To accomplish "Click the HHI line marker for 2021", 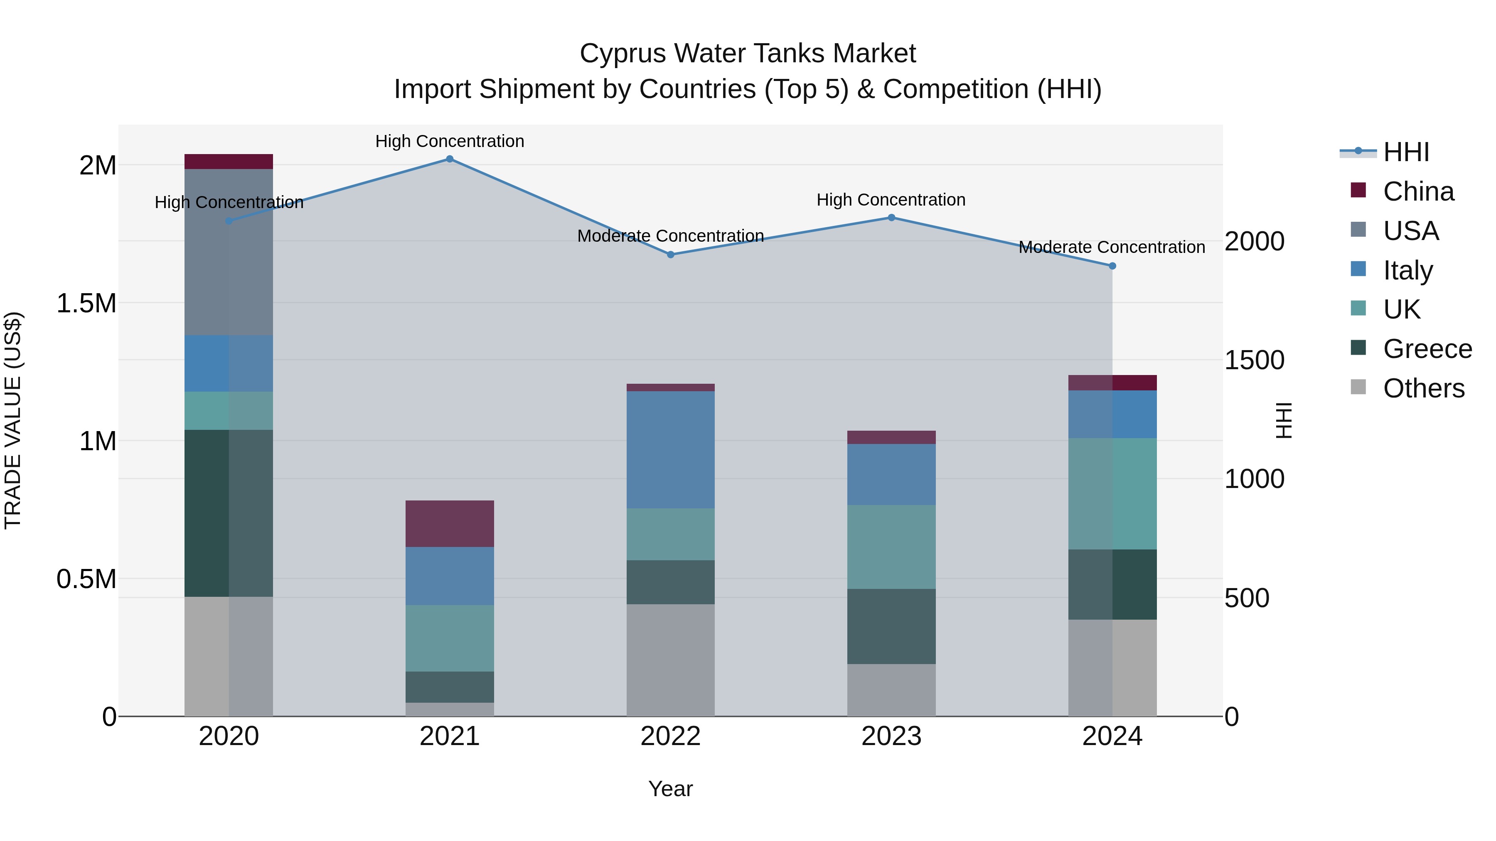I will [x=450, y=159].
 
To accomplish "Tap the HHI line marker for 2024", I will [x=1112, y=266].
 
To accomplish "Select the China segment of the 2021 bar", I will [x=450, y=524].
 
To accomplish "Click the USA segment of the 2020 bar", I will [x=229, y=252].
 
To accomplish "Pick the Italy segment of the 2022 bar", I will [x=670, y=450].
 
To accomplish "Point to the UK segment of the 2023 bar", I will [x=891, y=547].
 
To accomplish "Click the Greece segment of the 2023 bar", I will [x=891, y=626].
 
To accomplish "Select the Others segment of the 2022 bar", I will [x=670, y=660].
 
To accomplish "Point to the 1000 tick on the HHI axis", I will [x=1255, y=479].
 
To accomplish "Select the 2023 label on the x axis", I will [x=891, y=736].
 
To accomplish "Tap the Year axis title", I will [x=670, y=789].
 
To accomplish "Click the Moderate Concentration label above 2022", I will [x=670, y=235].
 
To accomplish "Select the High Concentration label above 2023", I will [x=891, y=200].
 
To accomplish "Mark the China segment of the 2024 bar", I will [x=1112, y=382].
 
